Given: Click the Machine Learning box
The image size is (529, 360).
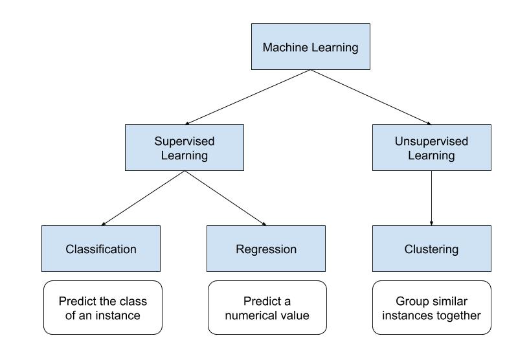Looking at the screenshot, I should click(x=310, y=47).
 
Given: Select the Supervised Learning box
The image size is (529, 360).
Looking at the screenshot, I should click(x=185, y=148).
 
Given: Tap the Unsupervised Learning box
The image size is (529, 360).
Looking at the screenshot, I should click(x=431, y=148).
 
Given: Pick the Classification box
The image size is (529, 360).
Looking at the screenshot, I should click(x=101, y=249).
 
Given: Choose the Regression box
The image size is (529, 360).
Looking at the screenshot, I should click(x=265, y=249).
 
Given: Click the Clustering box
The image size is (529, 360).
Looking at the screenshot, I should click(x=431, y=249).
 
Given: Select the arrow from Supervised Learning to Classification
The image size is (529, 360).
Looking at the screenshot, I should click(x=143, y=198).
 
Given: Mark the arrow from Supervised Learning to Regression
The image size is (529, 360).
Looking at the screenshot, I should click(x=225, y=198).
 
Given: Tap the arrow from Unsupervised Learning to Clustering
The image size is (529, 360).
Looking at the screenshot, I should click(x=431, y=198).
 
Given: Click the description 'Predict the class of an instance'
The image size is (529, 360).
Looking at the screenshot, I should click(x=102, y=308).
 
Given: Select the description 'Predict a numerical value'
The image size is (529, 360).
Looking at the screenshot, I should click(x=267, y=308).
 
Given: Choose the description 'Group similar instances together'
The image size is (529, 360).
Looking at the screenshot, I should click(x=431, y=308).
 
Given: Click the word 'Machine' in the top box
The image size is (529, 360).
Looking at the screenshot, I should click(x=282, y=47).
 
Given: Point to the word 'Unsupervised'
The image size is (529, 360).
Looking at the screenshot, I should click(x=431, y=141).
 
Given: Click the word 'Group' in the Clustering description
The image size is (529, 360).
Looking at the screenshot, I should click(x=411, y=301).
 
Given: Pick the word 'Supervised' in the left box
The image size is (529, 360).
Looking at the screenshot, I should click(x=185, y=141).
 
